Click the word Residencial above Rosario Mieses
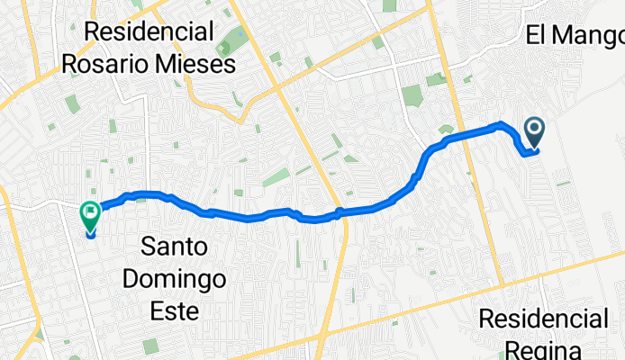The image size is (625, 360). coord(149,33)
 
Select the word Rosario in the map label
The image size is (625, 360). coord(107,64)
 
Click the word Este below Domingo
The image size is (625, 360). coord(177,310)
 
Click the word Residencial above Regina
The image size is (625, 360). coord(543,319)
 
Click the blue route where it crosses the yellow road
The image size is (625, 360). coord(340,212)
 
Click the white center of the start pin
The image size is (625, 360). coord(534,130)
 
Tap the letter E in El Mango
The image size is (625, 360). coord(532,36)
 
